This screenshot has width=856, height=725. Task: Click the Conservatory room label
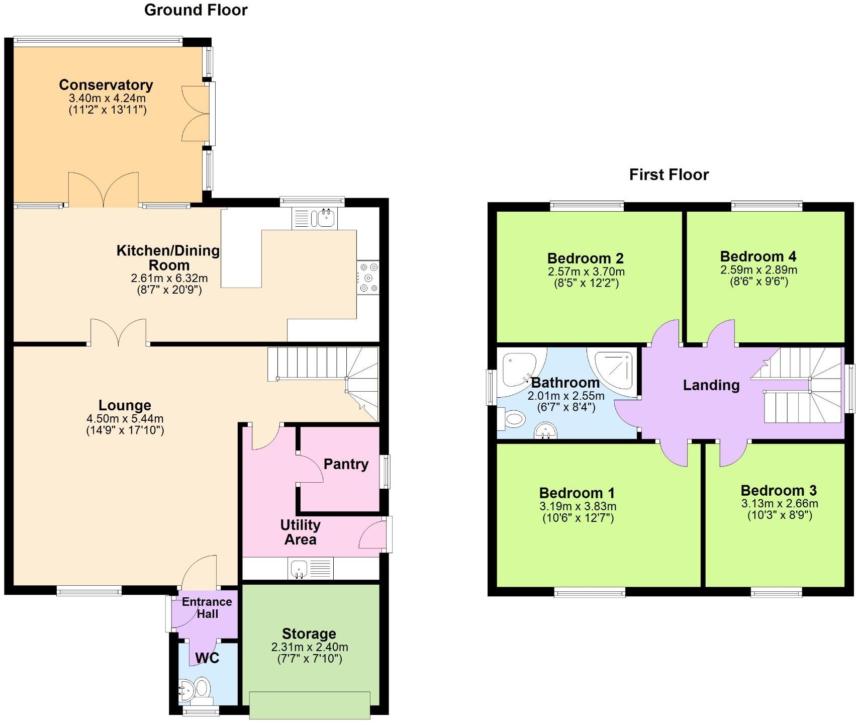coord(106,85)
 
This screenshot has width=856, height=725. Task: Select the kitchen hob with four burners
coord(368,278)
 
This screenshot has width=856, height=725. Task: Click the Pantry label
coord(346,464)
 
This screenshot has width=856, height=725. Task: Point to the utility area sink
coord(298,569)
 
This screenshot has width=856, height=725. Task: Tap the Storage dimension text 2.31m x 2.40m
coord(310,647)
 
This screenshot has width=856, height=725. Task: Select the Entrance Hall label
coord(207,607)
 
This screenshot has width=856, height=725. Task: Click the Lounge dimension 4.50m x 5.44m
coord(125,418)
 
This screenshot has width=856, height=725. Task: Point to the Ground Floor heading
coord(196,10)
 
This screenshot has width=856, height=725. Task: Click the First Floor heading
coord(669,174)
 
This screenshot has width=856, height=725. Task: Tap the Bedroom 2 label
coord(586,258)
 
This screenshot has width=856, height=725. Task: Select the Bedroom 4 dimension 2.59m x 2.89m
coord(758,270)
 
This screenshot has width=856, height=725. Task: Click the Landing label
coord(711,385)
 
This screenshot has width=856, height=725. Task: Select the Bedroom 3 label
coord(779,490)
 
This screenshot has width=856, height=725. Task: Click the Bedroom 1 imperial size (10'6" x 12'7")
coord(578,518)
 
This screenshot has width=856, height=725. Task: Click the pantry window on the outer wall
coord(385,472)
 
